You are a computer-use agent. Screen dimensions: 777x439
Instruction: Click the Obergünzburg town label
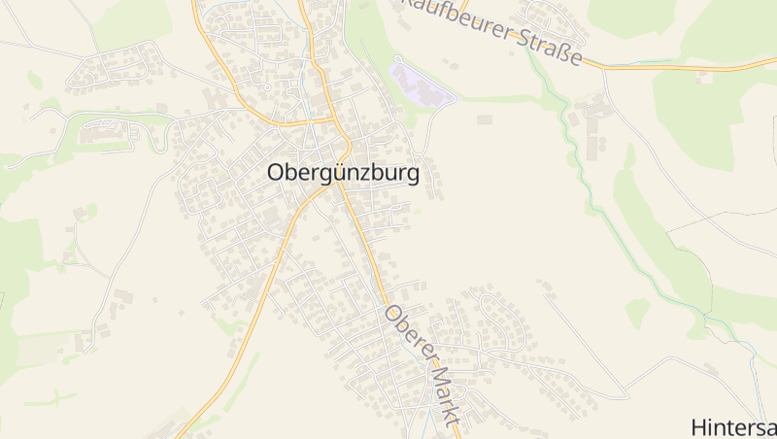343,174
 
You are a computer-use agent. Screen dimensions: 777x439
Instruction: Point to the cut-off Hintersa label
733,426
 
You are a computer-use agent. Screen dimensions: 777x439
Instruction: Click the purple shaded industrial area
421,84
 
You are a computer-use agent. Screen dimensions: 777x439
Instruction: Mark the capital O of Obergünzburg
275,174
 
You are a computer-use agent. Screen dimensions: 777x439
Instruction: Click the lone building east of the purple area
484,119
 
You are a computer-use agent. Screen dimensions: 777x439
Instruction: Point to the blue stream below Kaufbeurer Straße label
557,107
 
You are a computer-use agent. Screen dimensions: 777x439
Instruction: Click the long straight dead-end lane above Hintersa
583,340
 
